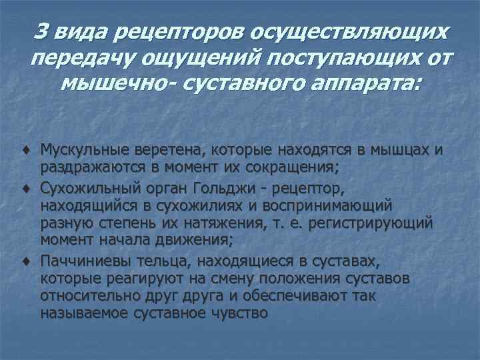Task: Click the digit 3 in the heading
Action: [x=41, y=31]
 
